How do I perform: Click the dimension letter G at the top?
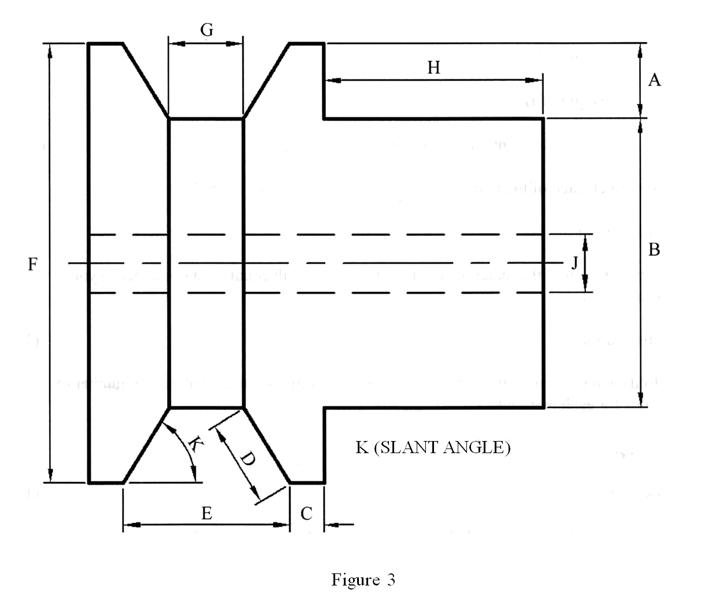tap(207, 30)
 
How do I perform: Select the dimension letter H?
tap(433, 68)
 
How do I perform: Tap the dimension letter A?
tap(654, 80)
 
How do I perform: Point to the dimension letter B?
tap(654, 250)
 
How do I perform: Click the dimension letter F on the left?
tap(33, 265)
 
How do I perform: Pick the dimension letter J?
tap(574, 264)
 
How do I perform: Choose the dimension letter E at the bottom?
tap(206, 512)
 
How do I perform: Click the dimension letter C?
tap(306, 513)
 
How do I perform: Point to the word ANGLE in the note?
tap(477, 447)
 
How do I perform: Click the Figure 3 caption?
tap(363, 580)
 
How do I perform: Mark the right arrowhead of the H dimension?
tap(534, 80)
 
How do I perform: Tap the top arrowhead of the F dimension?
tap(51, 51)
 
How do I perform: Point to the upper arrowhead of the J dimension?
tap(585, 242)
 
